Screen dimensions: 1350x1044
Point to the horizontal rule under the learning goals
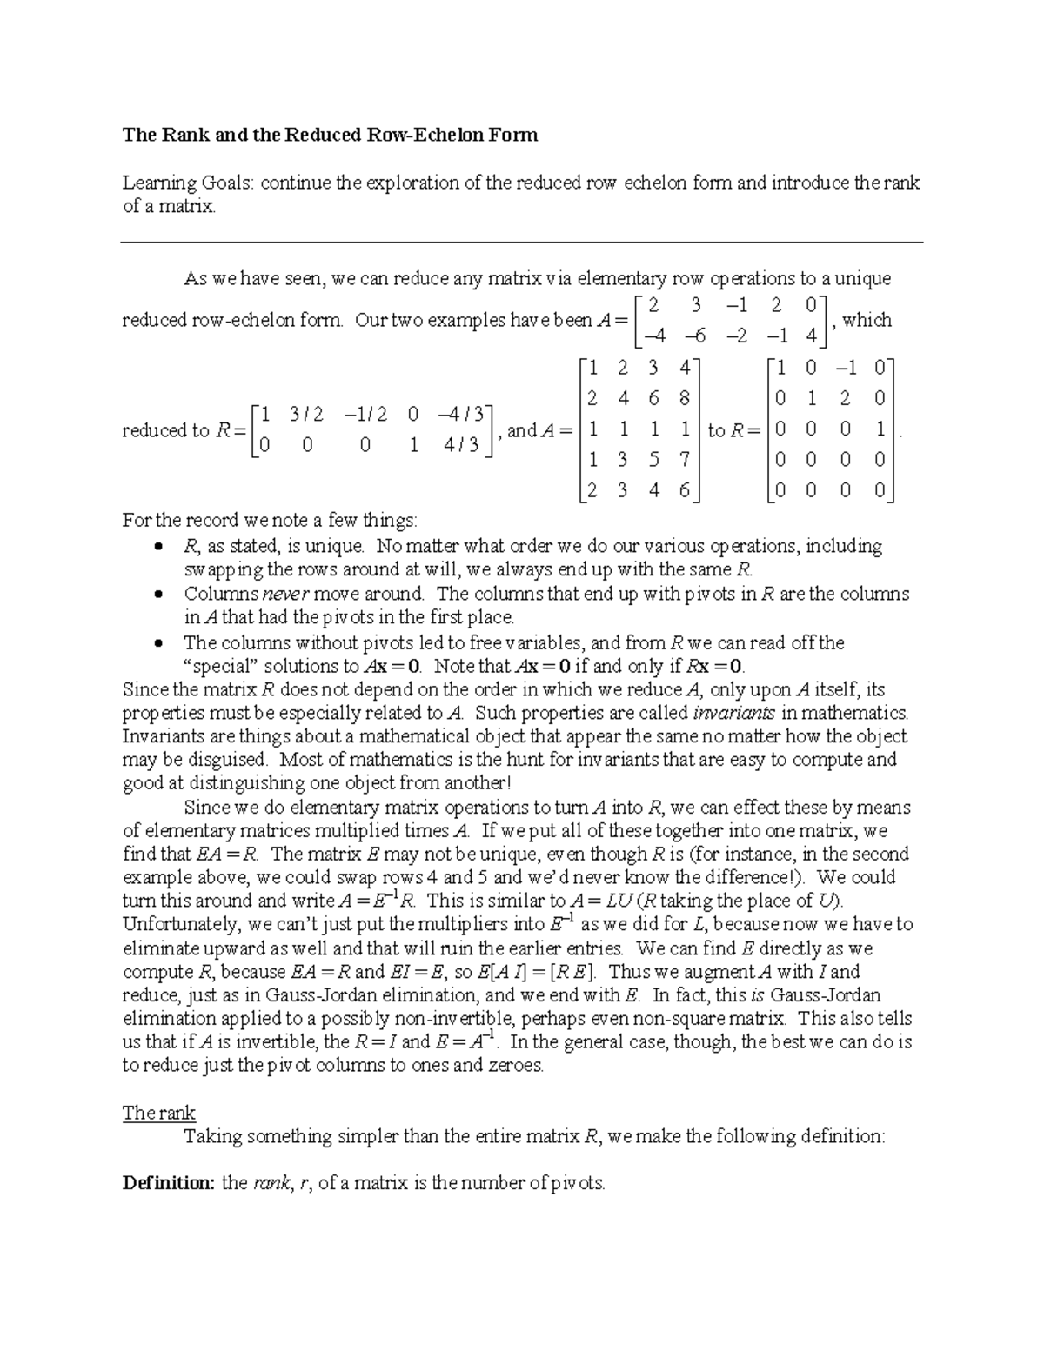(521, 243)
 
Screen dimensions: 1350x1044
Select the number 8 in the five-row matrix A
(685, 399)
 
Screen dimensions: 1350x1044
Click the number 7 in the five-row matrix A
(685, 460)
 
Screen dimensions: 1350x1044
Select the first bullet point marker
(157, 547)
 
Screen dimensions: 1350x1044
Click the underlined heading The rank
(158, 1113)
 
